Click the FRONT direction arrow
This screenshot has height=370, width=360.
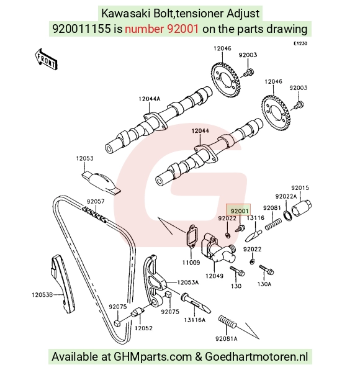tap(46, 59)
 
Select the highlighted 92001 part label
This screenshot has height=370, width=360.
tap(238, 210)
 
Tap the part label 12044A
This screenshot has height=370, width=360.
tap(150, 99)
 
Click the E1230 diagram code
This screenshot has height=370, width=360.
tap(300, 43)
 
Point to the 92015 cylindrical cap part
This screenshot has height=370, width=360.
tap(301, 207)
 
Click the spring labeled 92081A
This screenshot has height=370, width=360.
tap(227, 322)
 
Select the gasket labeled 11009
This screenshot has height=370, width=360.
tap(191, 237)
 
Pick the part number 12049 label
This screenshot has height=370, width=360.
tap(214, 276)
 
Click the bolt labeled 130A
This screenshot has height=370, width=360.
tap(266, 269)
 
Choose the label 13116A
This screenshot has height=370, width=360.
tap(195, 320)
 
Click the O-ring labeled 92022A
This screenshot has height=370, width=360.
tap(287, 216)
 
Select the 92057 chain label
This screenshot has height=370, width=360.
tap(96, 202)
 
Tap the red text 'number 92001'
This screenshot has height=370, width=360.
tap(161, 29)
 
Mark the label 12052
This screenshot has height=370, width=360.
tap(143, 328)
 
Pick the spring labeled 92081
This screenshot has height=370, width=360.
tap(273, 224)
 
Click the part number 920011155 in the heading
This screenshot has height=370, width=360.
tap(81, 29)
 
